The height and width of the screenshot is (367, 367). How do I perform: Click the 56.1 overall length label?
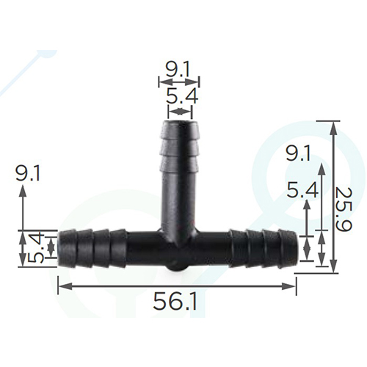pos(175,302)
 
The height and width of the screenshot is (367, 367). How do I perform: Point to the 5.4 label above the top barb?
pos(182,96)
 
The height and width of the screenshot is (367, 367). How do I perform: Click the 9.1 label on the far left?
pos(28,173)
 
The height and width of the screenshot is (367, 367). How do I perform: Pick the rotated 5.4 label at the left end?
pos(35,248)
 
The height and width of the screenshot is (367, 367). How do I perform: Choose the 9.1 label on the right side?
pos(298,153)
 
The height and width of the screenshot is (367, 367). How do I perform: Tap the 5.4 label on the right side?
pos(302,190)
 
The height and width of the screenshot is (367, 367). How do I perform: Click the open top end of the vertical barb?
pos(180,122)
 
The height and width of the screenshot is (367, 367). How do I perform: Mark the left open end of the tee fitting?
pos(59,248)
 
